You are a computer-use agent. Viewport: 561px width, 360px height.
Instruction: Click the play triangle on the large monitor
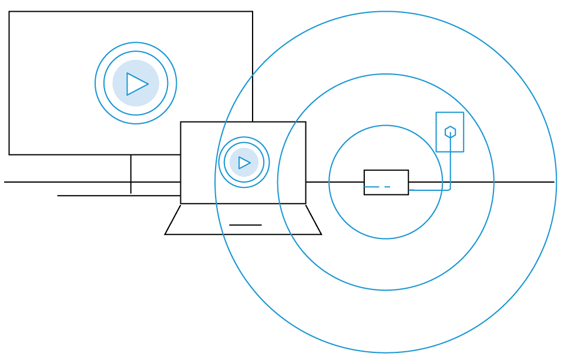click(136, 84)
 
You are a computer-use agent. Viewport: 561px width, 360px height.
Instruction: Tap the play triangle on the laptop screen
click(244, 163)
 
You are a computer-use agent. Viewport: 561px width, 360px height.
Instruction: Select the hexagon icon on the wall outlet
click(450, 132)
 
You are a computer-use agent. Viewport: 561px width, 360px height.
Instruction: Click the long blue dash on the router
click(371, 187)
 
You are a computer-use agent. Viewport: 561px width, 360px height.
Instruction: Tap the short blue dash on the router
click(387, 187)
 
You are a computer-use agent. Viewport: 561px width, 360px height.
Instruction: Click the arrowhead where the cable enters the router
click(411, 190)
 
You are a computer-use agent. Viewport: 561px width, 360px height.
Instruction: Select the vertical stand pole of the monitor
click(130, 174)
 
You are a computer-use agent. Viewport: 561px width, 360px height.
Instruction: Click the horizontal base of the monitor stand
click(117, 196)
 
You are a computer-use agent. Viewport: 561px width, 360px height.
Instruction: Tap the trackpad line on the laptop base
click(245, 225)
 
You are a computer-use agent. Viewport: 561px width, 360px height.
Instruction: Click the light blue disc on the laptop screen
click(234, 154)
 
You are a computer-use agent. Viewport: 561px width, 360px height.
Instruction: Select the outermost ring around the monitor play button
click(136, 43)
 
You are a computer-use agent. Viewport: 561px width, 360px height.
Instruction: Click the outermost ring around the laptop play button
click(244, 137)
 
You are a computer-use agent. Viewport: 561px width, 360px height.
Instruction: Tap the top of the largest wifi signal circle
click(386, 12)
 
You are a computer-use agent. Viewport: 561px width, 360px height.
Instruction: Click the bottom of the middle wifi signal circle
click(386, 290)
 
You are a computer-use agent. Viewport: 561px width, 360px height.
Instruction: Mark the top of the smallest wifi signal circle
click(386, 126)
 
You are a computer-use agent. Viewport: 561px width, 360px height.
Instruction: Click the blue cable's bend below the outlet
click(449, 189)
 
